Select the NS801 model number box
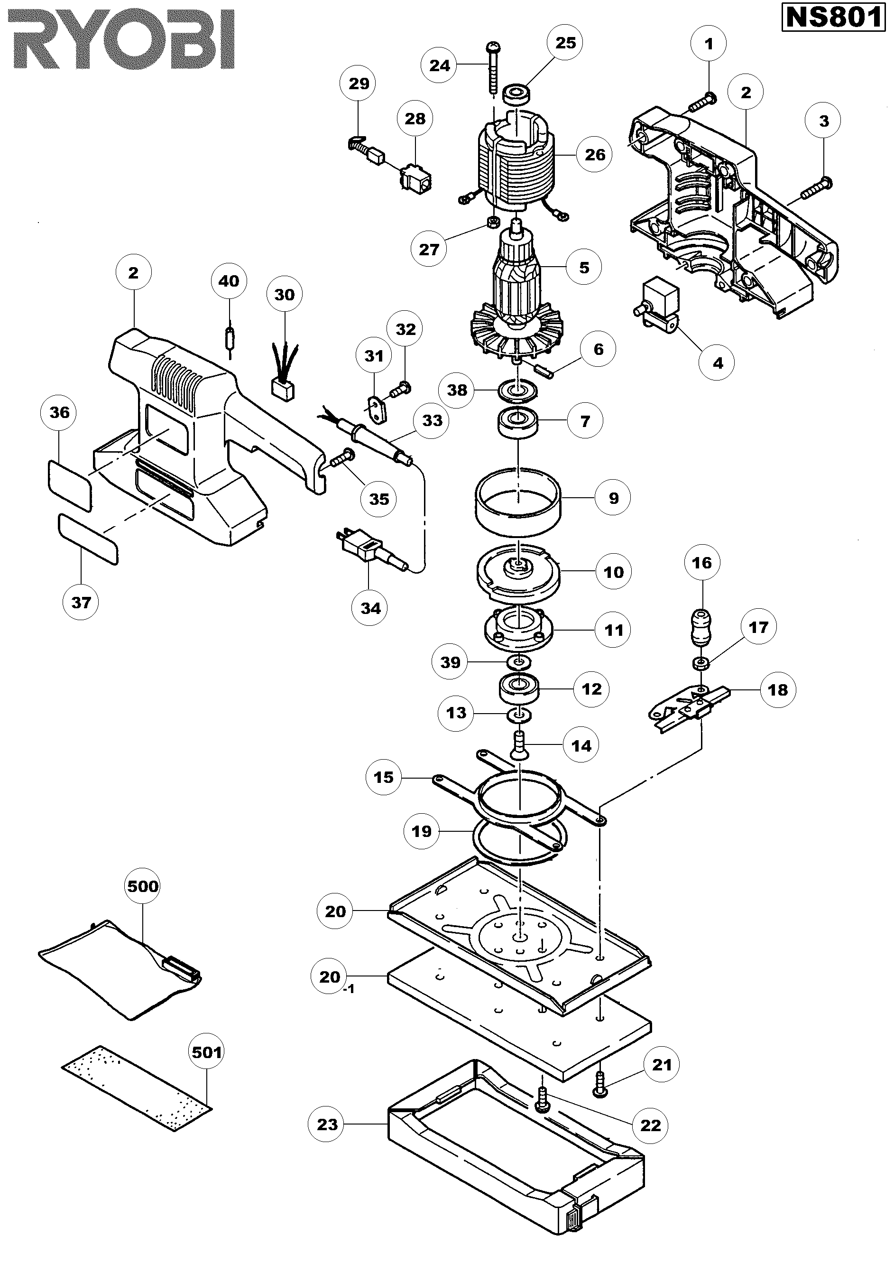pyautogui.click(x=833, y=18)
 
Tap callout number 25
pyautogui.click(x=565, y=43)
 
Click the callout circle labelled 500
pyautogui.click(x=143, y=886)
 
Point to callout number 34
pyautogui.click(x=370, y=608)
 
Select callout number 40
pyautogui.click(x=229, y=281)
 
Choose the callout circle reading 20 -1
pyautogui.click(x=330, y=976)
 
